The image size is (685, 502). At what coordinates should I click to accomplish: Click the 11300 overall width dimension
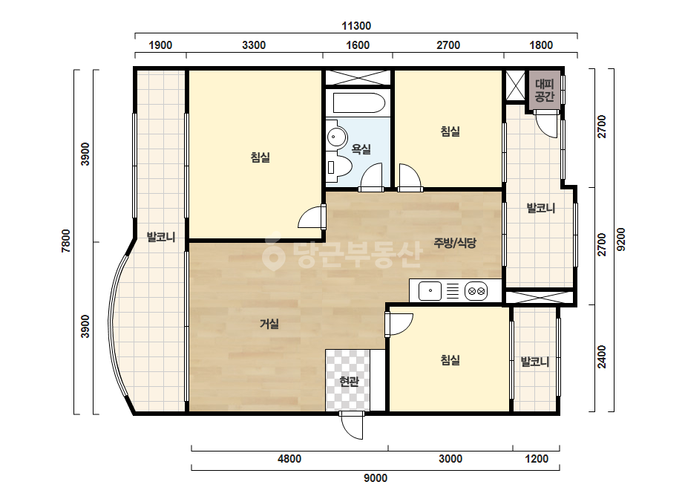[356, 26]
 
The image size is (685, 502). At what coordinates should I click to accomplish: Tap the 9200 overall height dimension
[620, 240]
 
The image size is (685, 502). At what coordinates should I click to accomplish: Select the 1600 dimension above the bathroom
[358, 45]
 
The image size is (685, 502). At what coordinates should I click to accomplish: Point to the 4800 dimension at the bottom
[289, 459]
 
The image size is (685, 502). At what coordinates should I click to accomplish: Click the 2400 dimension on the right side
[602, 357]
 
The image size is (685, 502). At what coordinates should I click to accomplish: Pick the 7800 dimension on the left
[66, 241]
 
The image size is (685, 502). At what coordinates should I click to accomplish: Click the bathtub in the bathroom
[358, 103]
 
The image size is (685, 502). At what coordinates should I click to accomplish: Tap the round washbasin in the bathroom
[336, 137]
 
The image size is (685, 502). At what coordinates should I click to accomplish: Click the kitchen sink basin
[430, 291]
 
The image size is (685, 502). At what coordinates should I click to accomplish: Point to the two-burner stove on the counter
[476, 291]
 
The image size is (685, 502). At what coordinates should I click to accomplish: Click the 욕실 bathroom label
[361, 149]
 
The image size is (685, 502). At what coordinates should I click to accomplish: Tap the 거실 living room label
[269, 324]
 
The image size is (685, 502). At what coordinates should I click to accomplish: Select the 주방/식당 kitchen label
[455, 243]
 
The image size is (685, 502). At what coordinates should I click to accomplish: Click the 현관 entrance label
[349, 382]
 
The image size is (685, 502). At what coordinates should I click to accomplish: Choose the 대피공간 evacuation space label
[544, 90]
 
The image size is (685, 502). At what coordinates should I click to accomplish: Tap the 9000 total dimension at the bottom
[376, 478]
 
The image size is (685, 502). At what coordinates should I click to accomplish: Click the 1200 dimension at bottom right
[537, 459]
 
